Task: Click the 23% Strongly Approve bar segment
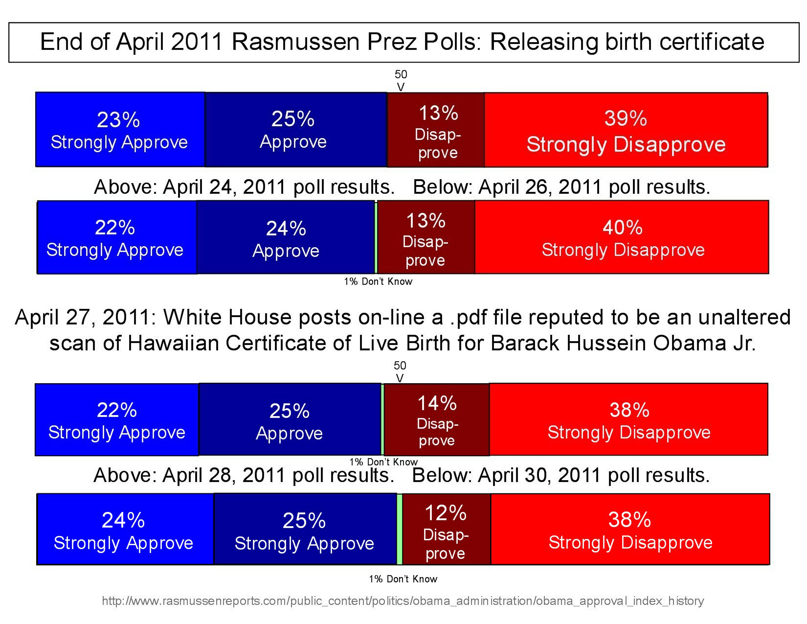(x=120, y=130)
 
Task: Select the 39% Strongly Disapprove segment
(x=626, y=130)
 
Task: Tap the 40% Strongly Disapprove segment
(x=622, y=237)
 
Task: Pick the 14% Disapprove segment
(x=436, y=420)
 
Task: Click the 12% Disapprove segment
(x=446, y=530)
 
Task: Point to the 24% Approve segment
(x=286, y=237)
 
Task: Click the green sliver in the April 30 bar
(x=400, y=530)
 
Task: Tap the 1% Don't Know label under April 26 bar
(x=378, y=281)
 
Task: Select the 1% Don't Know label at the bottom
(x=403, y=579)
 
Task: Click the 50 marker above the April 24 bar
(x=401, y=74)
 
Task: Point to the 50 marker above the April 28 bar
(x=400, y=366)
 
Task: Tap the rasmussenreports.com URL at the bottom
(x=403, y=601)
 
